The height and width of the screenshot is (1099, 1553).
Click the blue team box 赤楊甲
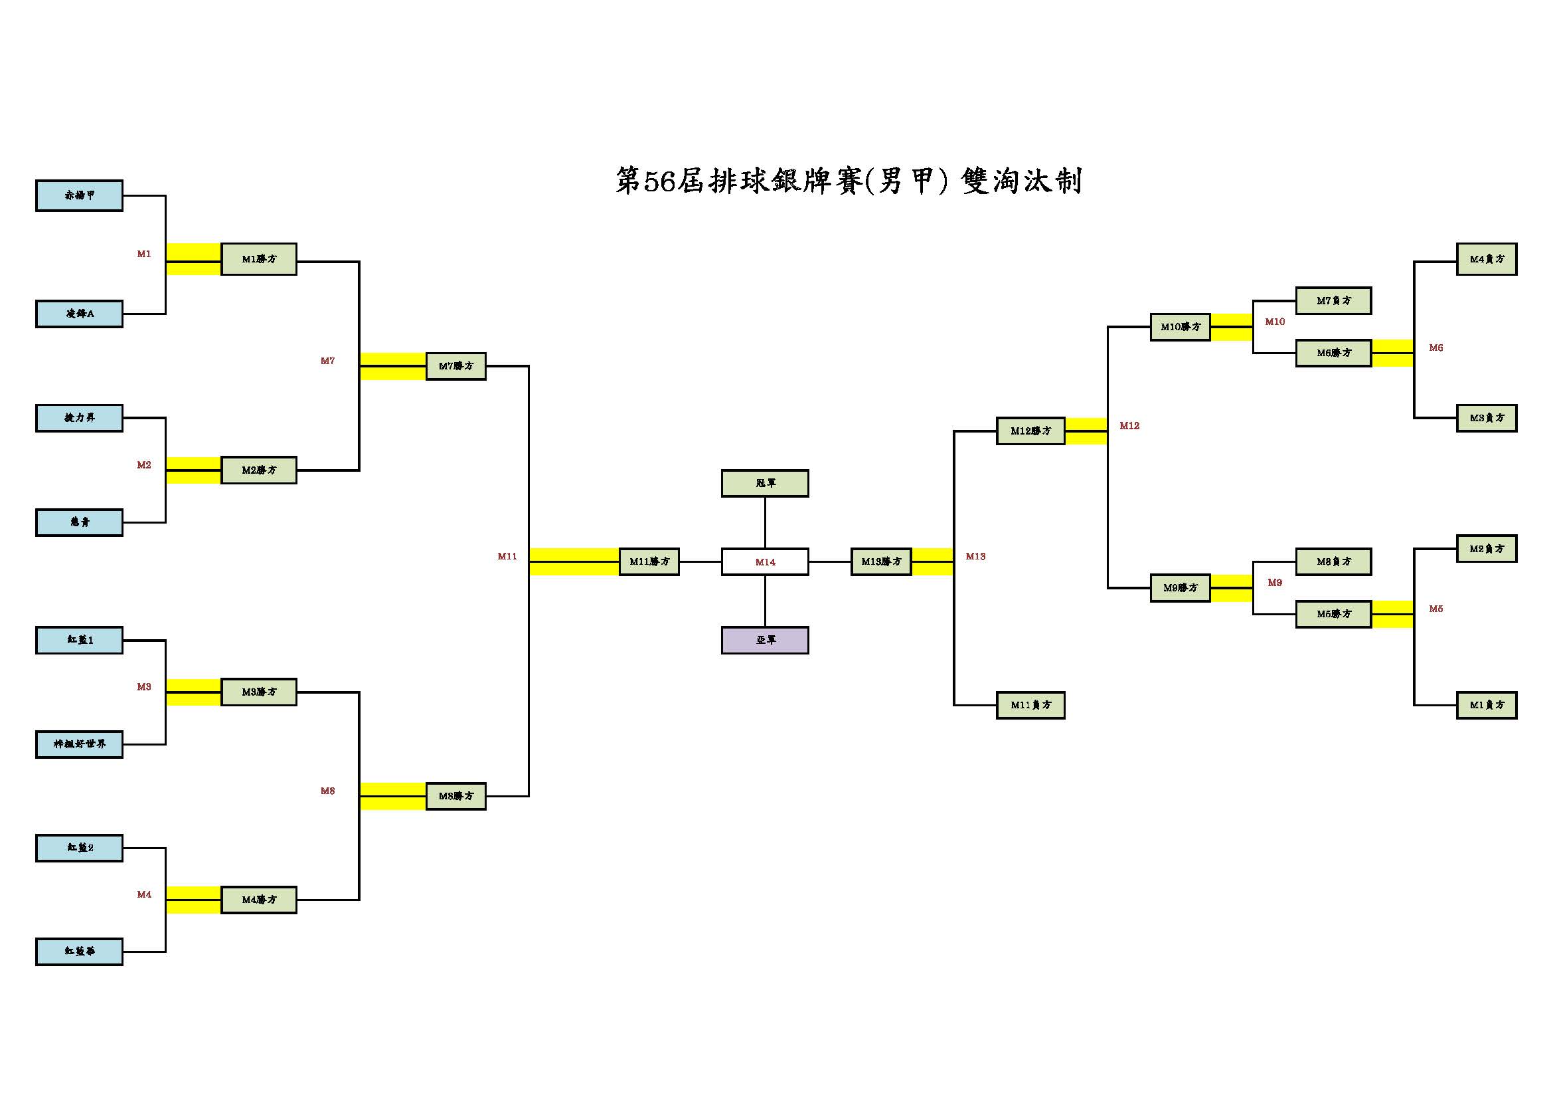(x=79, y=195)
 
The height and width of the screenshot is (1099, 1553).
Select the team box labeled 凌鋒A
(x=79, y=314)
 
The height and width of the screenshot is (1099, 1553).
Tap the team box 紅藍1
(x=79, y=640)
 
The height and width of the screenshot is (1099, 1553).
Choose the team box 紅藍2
(x=79, y=848)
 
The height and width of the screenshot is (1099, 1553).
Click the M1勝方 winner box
(x=259, y=259)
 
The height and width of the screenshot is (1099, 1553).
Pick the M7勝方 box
(x=456, y=366)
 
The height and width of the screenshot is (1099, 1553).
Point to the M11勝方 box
(x=649, y=561)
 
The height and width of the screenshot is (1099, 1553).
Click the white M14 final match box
(x=765, y=562)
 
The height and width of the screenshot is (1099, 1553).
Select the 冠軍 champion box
(x=765, y=483)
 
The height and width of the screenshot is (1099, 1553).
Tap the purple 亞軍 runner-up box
(x=765, y=640)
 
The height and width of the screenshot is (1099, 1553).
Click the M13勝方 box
(x=881, y=561)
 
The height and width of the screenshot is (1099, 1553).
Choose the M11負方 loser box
(x=1031, y=705)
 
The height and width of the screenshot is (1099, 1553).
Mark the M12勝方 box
(x=1031, y=431)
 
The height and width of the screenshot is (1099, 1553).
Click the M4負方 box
(x=1487, y=259)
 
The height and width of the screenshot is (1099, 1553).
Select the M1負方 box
(x=1487, y=705)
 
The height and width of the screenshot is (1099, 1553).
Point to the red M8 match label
(x=328, y=791)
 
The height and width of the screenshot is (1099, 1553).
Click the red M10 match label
(x=1275, y=322)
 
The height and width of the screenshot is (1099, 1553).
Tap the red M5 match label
(x=1436, y=609)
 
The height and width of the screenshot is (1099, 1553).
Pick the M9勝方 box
(x=1181, y=588)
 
